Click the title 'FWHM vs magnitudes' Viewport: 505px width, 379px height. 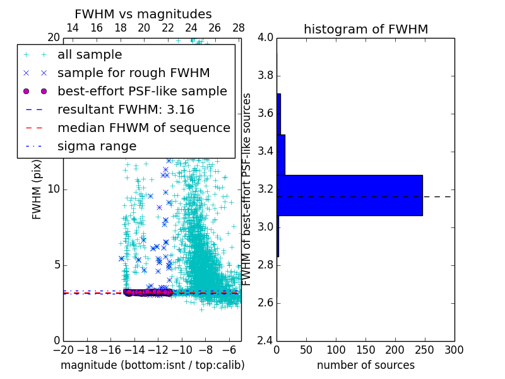click(143, 14)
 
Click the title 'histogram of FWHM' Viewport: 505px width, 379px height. click(365, 29)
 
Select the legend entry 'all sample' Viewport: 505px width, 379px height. click(90, 55)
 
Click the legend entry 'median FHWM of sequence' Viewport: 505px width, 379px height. click(143, 128)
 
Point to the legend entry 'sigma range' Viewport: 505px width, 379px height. click(97, 146)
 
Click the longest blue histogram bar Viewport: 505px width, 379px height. click(349, 195)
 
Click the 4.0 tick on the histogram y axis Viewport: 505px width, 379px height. click(266, 38)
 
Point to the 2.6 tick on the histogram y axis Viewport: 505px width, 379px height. click(266, 303)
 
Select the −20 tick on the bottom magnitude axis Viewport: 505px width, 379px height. click(63, 349)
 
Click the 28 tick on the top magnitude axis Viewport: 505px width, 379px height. click(239, 28)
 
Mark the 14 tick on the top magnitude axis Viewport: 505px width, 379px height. click(73, 28)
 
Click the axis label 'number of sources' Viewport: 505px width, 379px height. click(365, 365)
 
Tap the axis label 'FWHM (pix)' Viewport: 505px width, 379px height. click(37, 189)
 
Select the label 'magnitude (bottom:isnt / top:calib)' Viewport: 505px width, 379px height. click(152, 365)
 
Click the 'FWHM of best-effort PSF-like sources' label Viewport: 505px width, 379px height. click(247, 189)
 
